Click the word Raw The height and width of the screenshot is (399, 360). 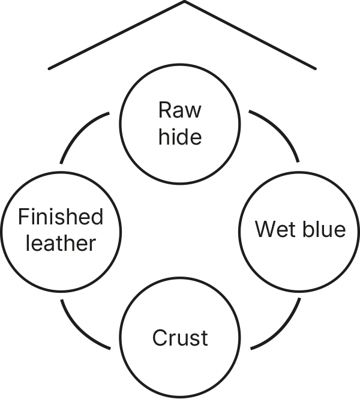179,110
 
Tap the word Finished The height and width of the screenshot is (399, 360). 61,216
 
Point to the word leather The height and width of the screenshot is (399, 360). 61,243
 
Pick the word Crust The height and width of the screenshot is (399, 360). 180,338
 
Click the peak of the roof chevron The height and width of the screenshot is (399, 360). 184,1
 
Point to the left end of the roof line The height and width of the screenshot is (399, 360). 49,69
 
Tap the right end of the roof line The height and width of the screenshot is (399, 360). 316,69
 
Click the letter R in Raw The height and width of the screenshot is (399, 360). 164,110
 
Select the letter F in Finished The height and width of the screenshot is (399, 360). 23,216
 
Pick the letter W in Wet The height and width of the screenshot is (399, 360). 265,229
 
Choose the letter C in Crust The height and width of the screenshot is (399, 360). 160,338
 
